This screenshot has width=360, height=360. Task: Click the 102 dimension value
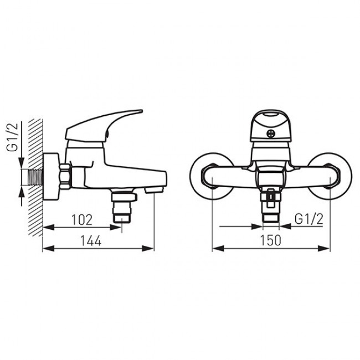pos(82,220)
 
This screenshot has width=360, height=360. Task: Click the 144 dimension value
pos(90,241)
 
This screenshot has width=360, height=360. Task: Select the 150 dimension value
pos(270,240)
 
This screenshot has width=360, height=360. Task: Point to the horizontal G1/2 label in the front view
pos(309,219)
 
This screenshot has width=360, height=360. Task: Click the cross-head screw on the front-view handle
pos(271,133)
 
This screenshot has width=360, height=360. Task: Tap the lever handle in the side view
pos(104,125)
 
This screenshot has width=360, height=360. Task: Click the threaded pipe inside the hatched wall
pos(35,177)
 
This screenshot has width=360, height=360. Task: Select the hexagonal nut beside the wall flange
pos(65,177)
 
